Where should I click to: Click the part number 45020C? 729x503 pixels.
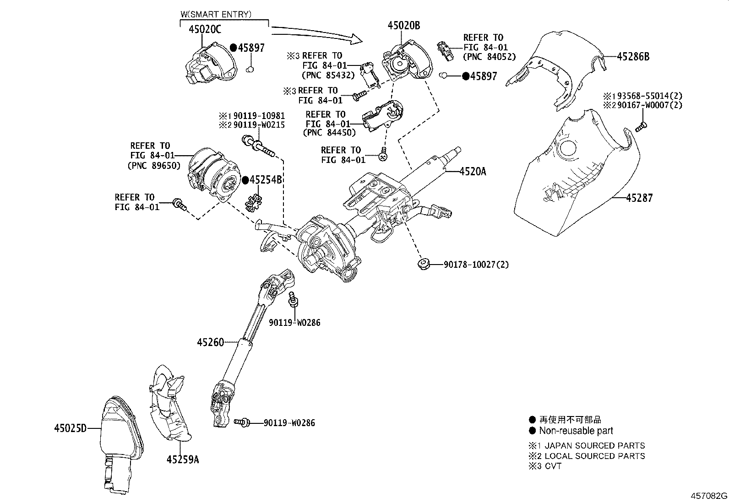tap(205, 30)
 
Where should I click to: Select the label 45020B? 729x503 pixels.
tap(403, 26)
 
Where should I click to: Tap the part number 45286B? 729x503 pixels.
tap(633, 57)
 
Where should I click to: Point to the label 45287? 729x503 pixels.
tap(639, 198)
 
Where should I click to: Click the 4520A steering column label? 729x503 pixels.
tap(473, 172)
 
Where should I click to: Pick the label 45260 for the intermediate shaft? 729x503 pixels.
tap(211, 342)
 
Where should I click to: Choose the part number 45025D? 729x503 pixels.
tap(70, 428)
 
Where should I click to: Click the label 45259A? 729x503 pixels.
tap(182, 460)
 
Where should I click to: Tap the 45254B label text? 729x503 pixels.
tap(265, 180)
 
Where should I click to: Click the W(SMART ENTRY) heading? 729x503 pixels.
tap(216, 14)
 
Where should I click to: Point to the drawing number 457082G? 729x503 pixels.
tap(709, 496)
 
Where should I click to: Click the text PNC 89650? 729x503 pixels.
tap(154, 165)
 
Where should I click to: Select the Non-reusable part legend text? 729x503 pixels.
tap(576, 431)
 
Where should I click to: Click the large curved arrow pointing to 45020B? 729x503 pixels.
tap(316, 34)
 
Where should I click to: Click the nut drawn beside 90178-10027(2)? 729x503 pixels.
tap(423, 264)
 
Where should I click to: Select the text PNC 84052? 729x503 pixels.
tap(490, 57)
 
